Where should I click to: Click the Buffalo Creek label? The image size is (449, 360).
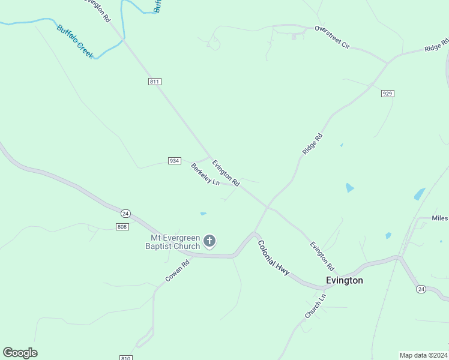tap(76, 41)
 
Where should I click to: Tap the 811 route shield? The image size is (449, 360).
tap(155, 82)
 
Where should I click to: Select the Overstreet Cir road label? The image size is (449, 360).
tap(332, 37)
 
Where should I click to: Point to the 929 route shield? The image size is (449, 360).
tap(387, 94)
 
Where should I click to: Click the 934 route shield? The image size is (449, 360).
tap(174, 161)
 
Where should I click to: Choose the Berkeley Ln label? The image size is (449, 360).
tap(205, 174)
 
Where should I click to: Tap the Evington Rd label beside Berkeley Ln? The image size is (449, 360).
tap(226, 172)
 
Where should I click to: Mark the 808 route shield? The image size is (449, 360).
tap(122, 226)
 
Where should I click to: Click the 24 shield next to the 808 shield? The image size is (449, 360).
tap(125, 214)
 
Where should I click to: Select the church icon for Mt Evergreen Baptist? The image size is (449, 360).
tap(209, 241)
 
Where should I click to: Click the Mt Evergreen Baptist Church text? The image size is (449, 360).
tap(175, 242)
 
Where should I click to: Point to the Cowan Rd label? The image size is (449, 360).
tap(178, 271)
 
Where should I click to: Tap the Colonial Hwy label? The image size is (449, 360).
tap(274, 258)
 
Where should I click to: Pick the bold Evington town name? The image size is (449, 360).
tap(344, 280)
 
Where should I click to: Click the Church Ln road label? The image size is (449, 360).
tap(315, 306)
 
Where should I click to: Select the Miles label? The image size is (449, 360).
tap(439, 218)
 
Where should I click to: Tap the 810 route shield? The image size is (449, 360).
tap(125, 358)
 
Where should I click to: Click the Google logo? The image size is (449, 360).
tap(20, 353)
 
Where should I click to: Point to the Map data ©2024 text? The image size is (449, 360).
tap(423, 355)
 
